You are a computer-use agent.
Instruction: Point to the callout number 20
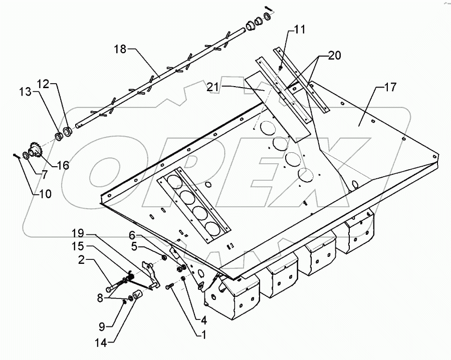click(335, 56)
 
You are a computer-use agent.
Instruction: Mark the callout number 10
click(45, 194)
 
